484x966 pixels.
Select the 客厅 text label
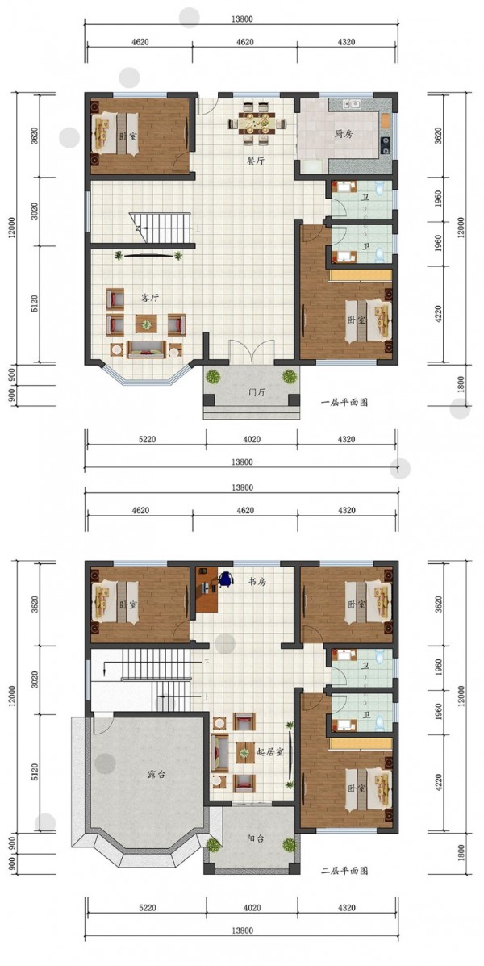coord(150,298)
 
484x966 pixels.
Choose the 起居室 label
coord(270,752)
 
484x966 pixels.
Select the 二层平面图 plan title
coord(344,871)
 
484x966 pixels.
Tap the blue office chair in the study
coord(226,579)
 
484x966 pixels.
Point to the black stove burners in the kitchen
coord(386,144)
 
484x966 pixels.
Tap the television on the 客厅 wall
coord(147,256)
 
